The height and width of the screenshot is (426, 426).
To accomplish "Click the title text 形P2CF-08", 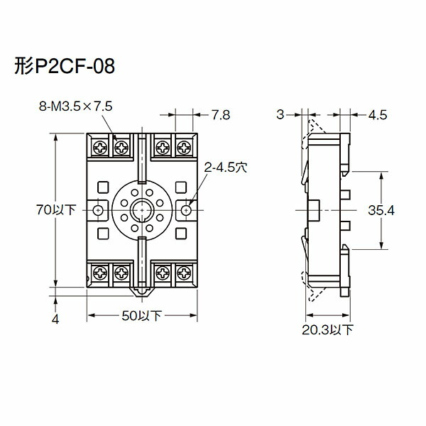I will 64,67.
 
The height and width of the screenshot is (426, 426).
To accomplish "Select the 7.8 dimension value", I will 222,114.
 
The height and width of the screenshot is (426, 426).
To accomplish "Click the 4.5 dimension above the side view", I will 377,114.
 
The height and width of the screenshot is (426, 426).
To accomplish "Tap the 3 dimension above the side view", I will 280,114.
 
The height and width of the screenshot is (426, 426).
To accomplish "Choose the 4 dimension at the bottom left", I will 55,319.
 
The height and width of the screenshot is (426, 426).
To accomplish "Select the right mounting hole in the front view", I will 187,210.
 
